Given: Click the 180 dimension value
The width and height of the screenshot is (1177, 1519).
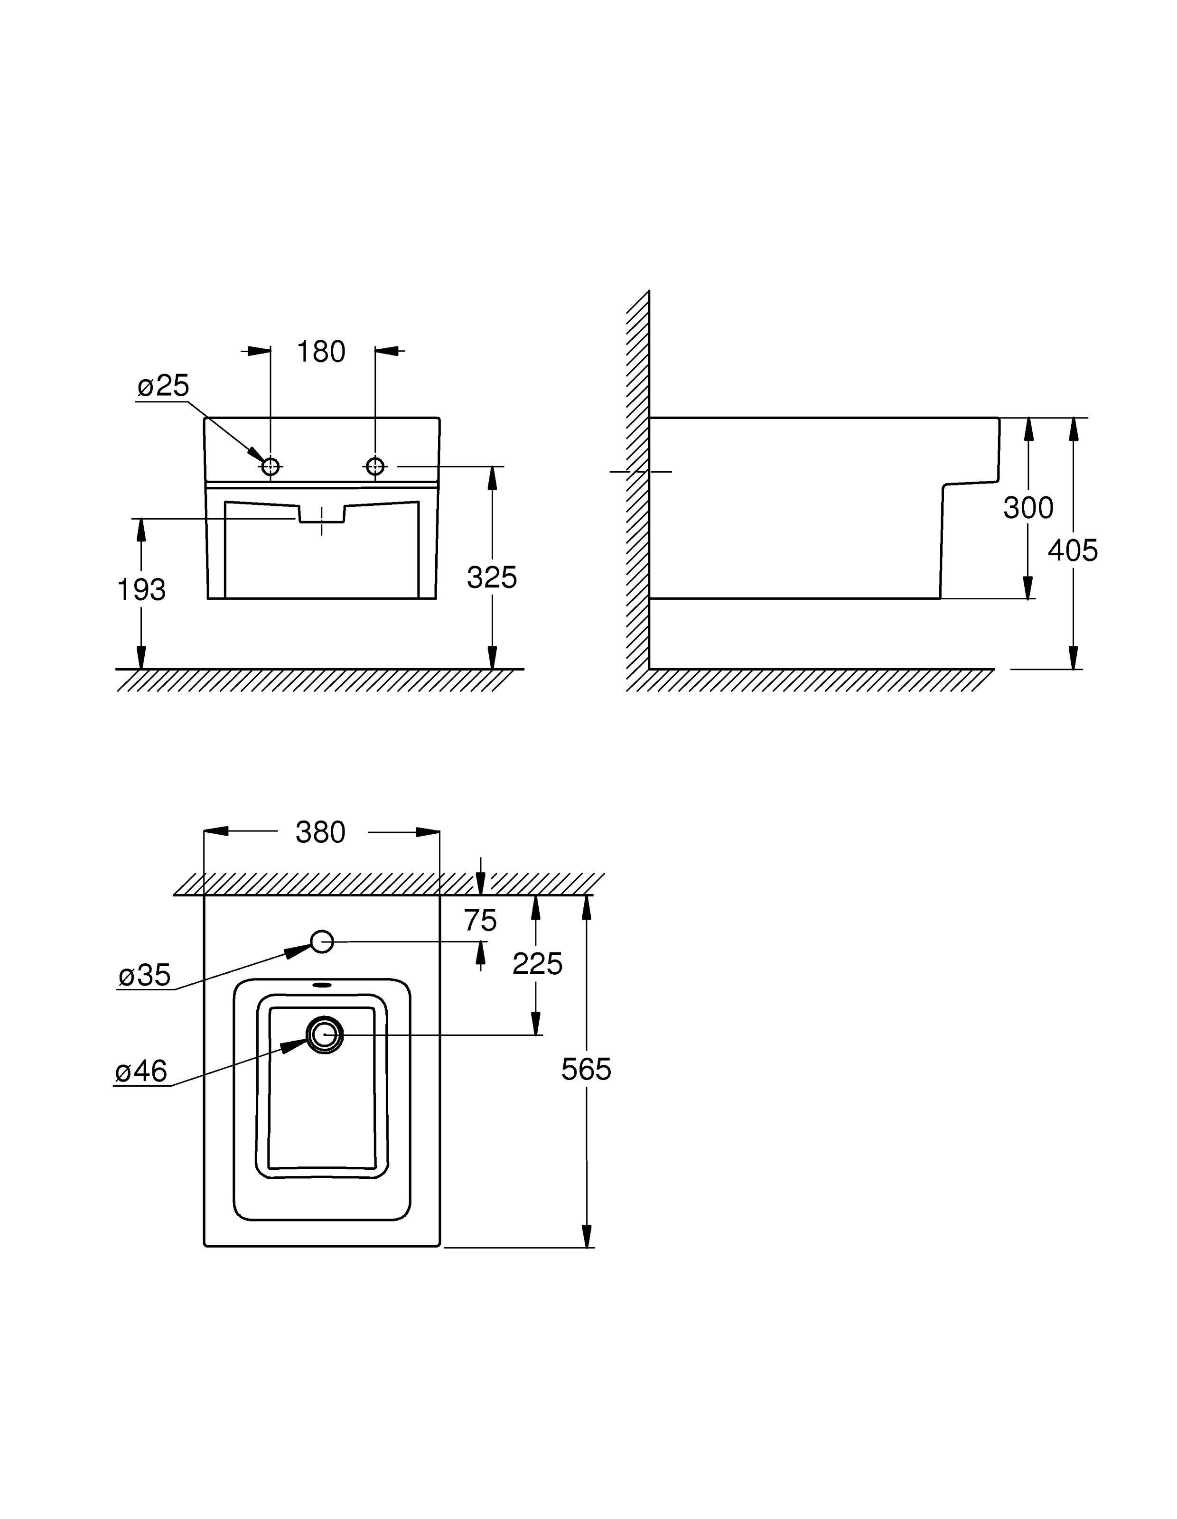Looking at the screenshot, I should click(x=321, y=352).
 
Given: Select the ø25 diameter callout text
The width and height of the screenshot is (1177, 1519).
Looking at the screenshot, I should click(x=163, y=386).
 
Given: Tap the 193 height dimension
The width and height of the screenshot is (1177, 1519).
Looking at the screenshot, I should click(x=141, y=590).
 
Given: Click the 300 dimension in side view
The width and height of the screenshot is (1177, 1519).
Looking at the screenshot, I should click(x=1028, y=508).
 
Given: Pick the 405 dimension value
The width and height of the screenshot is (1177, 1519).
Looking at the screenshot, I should click(x=1073, y=550).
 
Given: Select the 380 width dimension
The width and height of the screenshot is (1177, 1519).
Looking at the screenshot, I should click(x=321, y=832).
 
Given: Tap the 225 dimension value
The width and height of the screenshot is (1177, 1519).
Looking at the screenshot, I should click(x=537, y=964).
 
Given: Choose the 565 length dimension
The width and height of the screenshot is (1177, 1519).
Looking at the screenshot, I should click(x=586, y=1070).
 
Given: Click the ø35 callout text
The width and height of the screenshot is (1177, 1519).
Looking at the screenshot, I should click(x=145, y=975).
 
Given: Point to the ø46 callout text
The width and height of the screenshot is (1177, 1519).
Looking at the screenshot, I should click(x=141, y=1071).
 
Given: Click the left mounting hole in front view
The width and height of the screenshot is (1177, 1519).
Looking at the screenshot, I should click(x=271, y=466).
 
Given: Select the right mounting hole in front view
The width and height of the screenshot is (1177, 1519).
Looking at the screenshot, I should click(x=375, y=466).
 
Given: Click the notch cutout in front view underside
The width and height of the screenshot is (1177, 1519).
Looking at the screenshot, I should click(x=321, y=513).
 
